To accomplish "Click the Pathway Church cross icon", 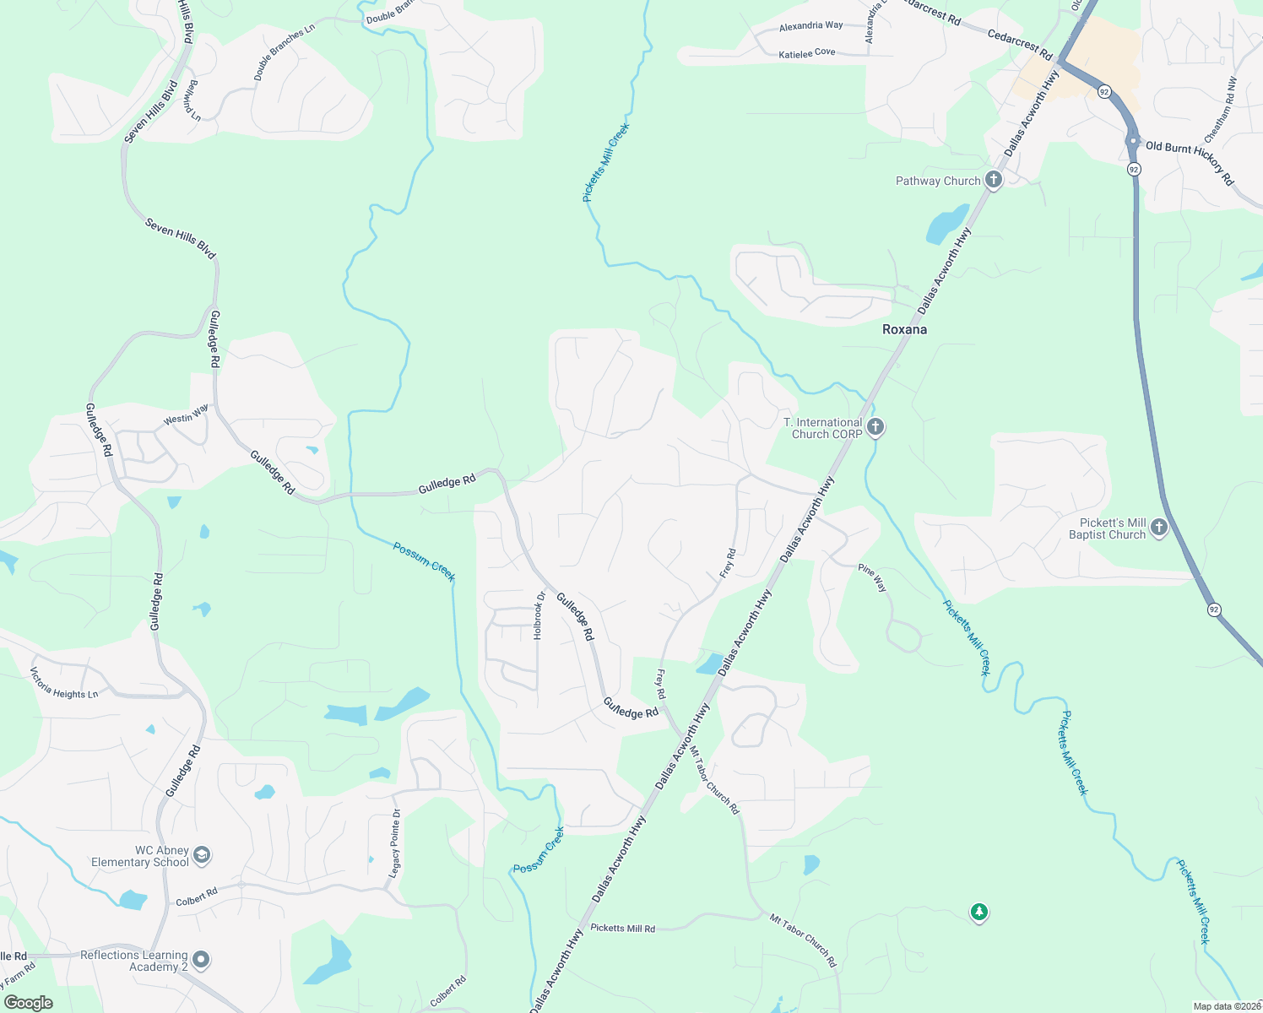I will pyautogui.click(x=994, y=180).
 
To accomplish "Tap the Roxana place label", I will pyautogui.click(x=904, y=329).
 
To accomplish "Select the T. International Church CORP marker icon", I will pyautogui.click(x=875, y=427).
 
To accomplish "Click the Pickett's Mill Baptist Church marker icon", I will pyautogui.click(x=1159, y=528).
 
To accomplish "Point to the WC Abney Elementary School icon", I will pyautogui.click(x=201, y=856).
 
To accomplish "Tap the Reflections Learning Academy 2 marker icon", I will pyautogui.click(x=200, y=960).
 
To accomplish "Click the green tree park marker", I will pyautogui.click(x=978, y=913).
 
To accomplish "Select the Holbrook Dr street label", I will pyautogui.click(x=539, y=615).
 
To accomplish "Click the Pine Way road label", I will pyautogui.click(x=872, y=577).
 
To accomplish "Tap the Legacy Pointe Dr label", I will pyautogui.click(x=394, y=843).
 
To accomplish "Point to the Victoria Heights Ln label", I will pyautogui.click(x=64, y=684).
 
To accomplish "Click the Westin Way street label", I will pyautogui.click(x=186, y=414).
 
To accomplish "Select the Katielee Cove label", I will pyautogui.click(x=806, y=53).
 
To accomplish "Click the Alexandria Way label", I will pyautogui.click(x=810, y=26).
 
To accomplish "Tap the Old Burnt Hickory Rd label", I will pyautogui.click(x=1190, y=162).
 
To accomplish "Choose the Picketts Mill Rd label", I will pyautogui.click(x=622, y=929).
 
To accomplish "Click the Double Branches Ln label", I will pyautogui.click(x=284, y=52).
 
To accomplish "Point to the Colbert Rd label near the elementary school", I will pyautogui.click(x=197, y=897).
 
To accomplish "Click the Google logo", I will pyautogui.click(x=28, y=1003).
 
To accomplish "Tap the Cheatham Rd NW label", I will pyautogui.click(x=1221, y=110).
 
